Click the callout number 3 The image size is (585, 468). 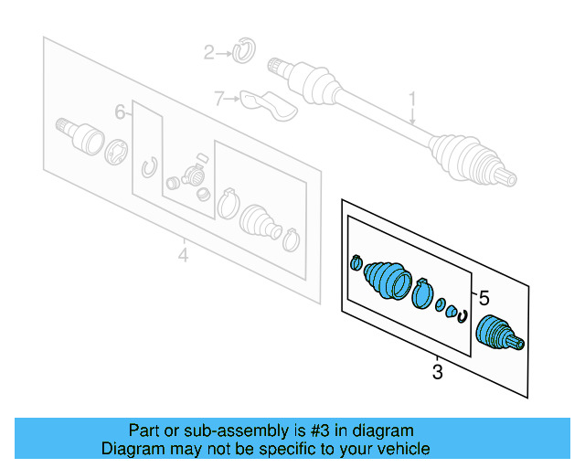point(437,371)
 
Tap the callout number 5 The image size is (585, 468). point(484,297)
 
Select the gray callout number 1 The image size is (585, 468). point(412,99)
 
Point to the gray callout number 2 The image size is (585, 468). point(207,53)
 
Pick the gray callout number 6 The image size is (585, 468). point(120,112)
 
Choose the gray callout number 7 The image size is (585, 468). point(218,98)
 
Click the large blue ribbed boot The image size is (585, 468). point(387,279)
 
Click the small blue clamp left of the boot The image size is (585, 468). point(356,264)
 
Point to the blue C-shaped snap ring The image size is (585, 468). point(463,317)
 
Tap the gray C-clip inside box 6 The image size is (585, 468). point(150,168)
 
